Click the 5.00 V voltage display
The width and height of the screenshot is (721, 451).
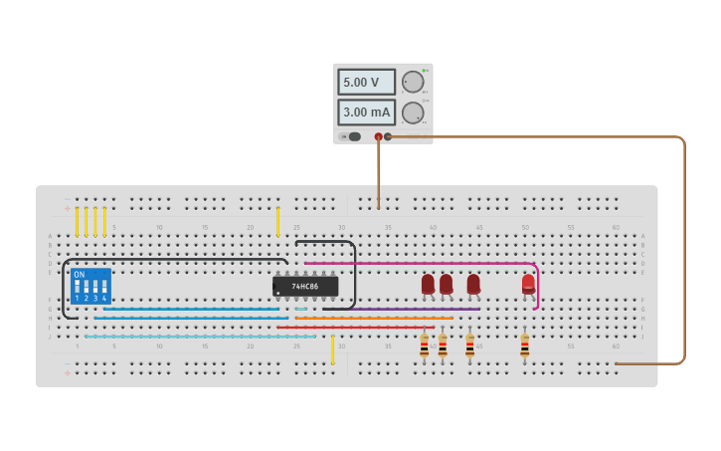(x=366, y=82)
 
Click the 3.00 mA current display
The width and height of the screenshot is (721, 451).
(x=366, y=113)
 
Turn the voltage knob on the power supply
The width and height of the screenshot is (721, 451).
(x=412, y=82)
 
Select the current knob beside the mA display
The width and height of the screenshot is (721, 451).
(x=412, y=113)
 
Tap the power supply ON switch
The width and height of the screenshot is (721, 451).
(x=353, y=136)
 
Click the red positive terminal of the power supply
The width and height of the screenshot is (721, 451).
(x=378, y=136)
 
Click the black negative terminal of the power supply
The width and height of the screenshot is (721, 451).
(x=388, y=136)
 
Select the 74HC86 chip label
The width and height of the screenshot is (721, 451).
(x=305, y=287)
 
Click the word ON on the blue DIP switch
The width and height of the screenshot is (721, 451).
(x=79, y=274)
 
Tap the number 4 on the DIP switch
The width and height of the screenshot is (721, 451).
(x=103, y=298)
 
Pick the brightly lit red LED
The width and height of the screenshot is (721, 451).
(x=528, y=284)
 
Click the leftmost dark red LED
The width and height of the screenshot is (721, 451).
(x=428, y=284)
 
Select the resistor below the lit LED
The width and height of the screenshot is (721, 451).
(x=524, y=345)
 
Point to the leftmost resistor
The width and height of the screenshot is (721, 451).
(x=424, y=345)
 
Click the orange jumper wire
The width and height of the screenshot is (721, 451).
(x=373, y=318)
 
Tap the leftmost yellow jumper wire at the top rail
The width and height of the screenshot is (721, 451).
(x=77, y=221)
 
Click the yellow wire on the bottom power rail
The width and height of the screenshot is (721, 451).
(x=332, y=350)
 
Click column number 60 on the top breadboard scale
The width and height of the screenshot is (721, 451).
(x=616, y=228)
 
